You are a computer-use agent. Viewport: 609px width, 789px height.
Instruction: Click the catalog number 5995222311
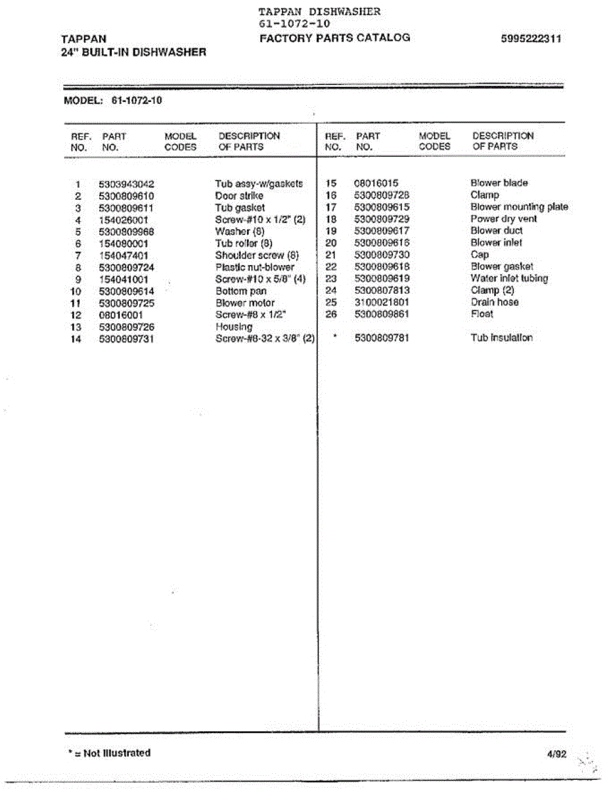tap(531, 38)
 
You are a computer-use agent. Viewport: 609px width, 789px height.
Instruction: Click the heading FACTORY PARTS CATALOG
tap(334, 38)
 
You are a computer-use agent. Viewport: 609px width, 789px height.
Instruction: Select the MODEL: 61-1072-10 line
tap(112, 101)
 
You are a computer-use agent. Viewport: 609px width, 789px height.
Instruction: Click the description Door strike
tap(238, 196)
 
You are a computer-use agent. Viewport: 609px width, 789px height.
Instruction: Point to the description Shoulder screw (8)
tap(257, 255)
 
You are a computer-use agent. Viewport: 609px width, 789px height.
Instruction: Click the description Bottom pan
tap(240, 291)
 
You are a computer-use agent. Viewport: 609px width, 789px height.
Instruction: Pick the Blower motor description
tap(244, 302)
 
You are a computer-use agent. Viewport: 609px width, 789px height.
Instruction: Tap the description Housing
tap(233, 327)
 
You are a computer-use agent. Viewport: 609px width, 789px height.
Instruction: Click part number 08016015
tap(376, 183)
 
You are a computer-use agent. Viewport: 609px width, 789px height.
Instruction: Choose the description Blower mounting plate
tap(519, 207)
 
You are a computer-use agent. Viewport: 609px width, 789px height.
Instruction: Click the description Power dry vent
tap(503, 219)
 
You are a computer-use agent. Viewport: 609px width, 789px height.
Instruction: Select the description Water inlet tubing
tap(508, 278)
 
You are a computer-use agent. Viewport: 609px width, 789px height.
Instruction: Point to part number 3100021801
tap(381, 302)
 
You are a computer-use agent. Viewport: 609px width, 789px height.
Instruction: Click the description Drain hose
tap(494, 302)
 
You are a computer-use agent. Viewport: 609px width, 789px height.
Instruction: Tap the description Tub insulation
tap(501, 338)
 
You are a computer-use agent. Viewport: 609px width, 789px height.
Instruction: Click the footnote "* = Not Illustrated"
tap(109, 753)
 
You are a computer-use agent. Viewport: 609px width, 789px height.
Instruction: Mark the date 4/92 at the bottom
tap(556, 754)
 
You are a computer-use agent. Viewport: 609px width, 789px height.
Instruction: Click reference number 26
tap(331, 314)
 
